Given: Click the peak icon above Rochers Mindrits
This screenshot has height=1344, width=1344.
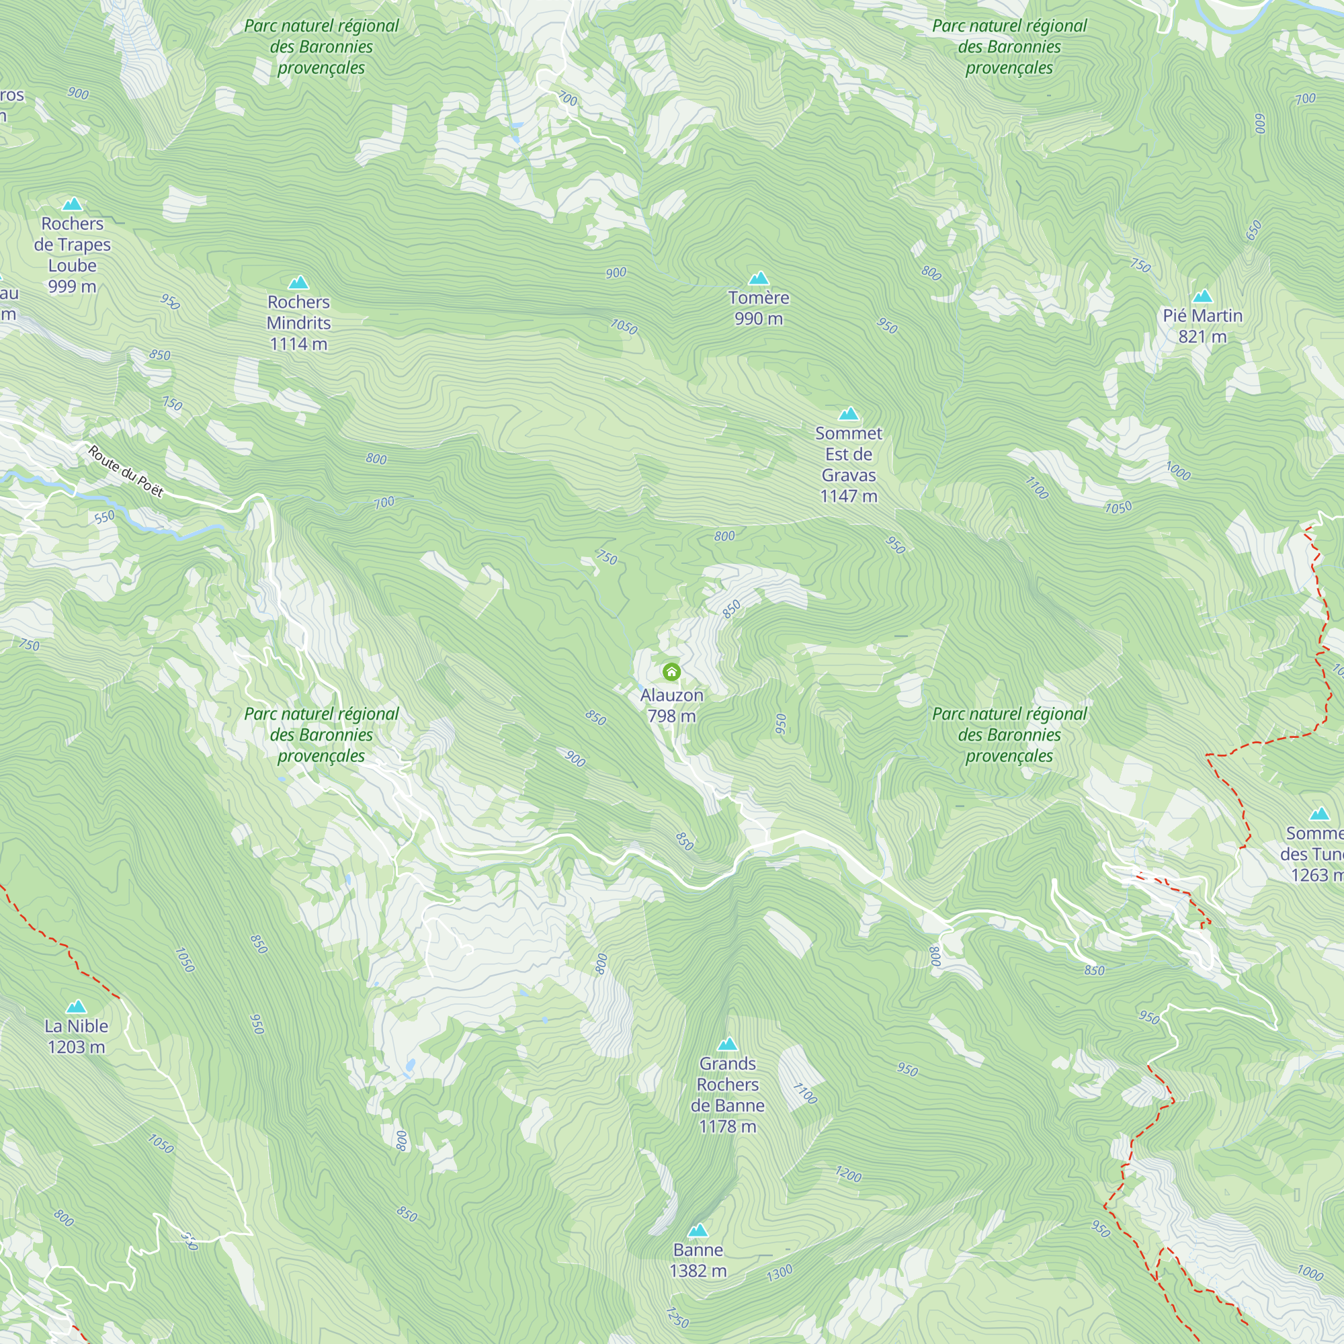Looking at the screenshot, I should (x=298, y=282).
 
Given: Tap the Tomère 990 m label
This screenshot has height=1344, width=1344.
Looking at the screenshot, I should (x=758, y=308).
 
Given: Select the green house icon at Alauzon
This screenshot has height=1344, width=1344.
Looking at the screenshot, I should (x=671, y=671).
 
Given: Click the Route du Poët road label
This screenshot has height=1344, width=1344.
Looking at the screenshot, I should (x=126, y=472).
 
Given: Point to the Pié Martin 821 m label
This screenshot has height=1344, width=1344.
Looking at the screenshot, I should (x=1202, y=325).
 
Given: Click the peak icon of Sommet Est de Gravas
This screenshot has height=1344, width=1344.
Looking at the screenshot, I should (x=848, y=414).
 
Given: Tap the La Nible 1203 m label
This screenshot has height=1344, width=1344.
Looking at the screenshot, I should (x=77, y=1036).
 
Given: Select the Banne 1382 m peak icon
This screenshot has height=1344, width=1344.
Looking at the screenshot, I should (x=698, y=1230).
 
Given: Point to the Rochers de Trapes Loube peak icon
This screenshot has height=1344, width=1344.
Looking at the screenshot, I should (x=73, y=204).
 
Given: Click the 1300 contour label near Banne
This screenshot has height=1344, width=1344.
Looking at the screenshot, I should (x=779, y=1273).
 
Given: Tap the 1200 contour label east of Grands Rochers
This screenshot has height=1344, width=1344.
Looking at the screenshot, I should (x=848, y=1174).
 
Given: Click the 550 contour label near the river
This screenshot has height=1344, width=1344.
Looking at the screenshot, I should (x=104, y=517).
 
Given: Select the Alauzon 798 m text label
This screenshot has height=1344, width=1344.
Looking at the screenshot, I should (x=671, y=705).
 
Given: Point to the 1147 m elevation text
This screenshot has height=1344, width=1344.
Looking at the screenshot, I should (x=848, y=496).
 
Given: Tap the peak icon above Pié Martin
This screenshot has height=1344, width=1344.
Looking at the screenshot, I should (x=1202, y=296).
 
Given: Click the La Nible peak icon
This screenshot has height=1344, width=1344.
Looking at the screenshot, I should (x=77, y=1007).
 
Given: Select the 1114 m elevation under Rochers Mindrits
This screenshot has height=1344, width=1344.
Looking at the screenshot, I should (x=298, y=343).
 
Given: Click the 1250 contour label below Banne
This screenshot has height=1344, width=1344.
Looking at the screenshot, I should (x=677, y=1317).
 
